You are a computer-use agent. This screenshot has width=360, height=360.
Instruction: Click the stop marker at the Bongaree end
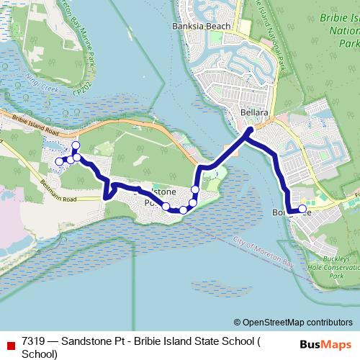(x=302, y=209)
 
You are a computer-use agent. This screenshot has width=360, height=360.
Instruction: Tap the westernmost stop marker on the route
(x=60, y=162)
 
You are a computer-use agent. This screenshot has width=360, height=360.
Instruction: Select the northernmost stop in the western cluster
(x=76, y=145)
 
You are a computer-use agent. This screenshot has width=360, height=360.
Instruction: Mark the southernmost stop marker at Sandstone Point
(x=183, y=210)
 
